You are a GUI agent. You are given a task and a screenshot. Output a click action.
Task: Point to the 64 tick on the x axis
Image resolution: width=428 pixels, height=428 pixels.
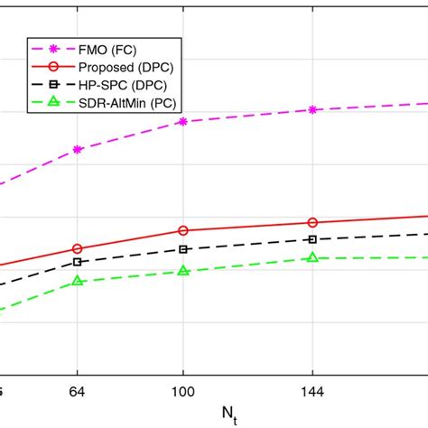point(77,395)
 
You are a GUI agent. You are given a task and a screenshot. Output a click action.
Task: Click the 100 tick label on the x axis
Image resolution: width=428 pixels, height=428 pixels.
point(183,395)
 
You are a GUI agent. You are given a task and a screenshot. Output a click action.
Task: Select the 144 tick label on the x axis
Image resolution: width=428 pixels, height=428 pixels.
point(312,395)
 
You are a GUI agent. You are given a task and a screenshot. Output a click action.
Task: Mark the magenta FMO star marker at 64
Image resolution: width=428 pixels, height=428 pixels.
point(78,149)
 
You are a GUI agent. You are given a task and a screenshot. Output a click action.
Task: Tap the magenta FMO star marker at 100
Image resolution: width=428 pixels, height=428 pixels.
point(183,121)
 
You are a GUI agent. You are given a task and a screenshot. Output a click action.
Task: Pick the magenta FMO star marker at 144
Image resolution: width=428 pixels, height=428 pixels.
point(312,109)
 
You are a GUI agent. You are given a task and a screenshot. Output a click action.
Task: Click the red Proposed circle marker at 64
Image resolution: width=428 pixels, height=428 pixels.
point(78,248)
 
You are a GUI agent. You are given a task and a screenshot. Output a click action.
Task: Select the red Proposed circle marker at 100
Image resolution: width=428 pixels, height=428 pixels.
point(183,230)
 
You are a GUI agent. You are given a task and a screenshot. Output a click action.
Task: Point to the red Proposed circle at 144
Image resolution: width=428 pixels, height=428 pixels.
point(312,222)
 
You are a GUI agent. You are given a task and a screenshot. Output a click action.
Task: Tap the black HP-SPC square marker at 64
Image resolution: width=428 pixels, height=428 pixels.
point(78,262)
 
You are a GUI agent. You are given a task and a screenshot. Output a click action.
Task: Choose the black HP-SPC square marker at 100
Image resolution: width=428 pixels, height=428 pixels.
point(183,249)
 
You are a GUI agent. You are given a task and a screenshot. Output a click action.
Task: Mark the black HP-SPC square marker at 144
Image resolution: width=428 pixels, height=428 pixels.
point(312,239)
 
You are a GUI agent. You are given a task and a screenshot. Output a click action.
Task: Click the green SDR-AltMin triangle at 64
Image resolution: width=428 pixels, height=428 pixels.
point(78,281)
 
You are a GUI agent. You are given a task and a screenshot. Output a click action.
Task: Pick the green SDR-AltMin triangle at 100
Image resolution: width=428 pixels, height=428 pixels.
point(183,271)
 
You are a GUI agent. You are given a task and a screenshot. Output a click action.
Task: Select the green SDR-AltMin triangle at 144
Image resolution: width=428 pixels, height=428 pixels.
point(312,258)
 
